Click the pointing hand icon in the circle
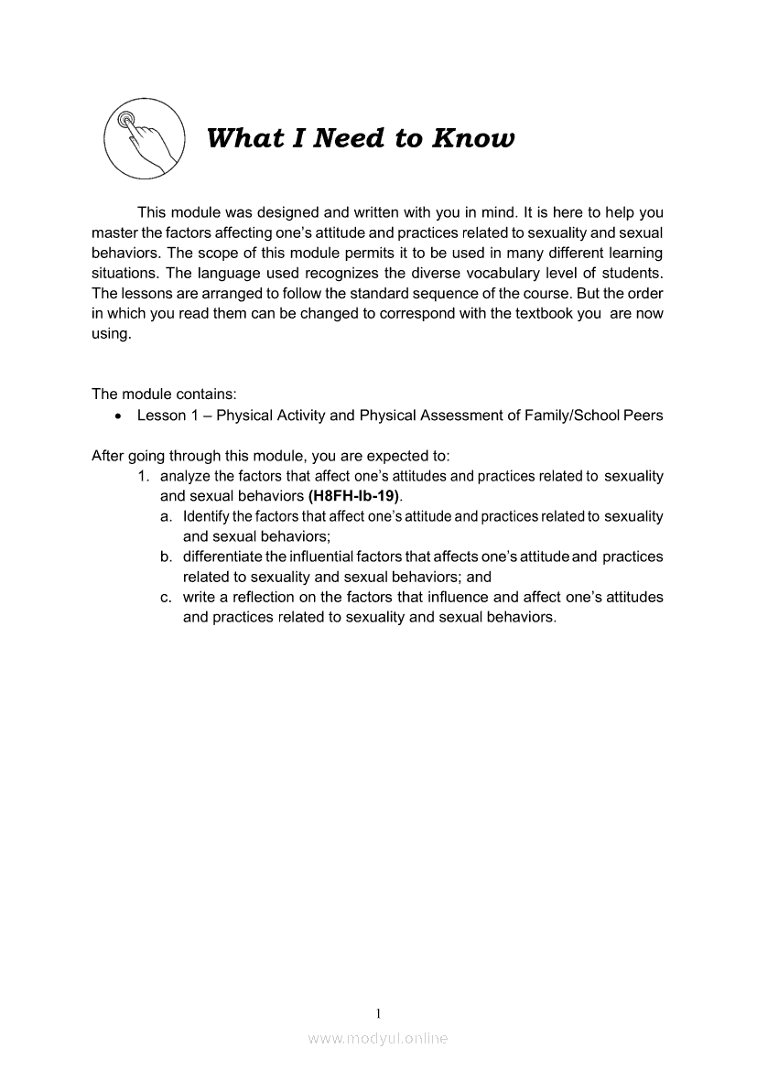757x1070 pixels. coord(143,139)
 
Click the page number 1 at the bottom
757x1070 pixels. coord(378,1013)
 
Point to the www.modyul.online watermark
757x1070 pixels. coord(378,1039)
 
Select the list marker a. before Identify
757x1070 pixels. coord(166,517)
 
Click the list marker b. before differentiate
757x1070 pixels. coord(166,557)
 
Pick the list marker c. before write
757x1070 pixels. coord(166,597)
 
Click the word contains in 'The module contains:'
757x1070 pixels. coord(208,394)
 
